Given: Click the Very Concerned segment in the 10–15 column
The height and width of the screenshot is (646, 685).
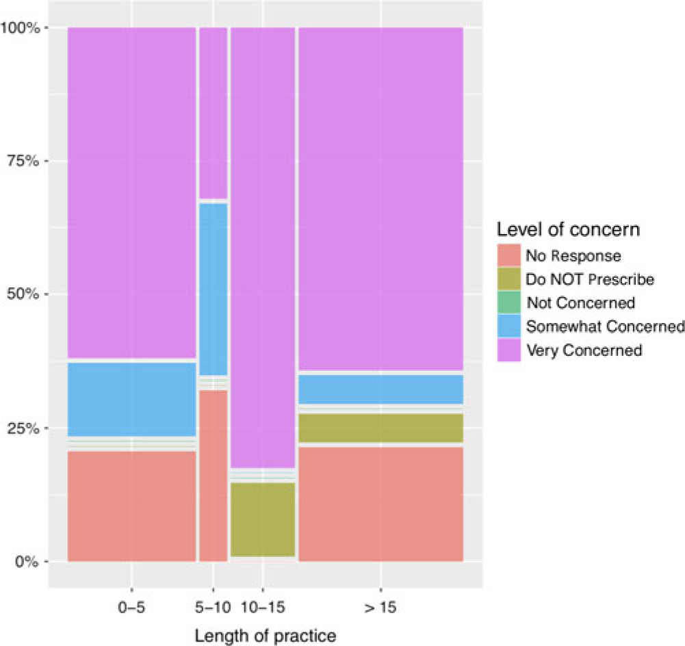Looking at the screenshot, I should pos(263,246).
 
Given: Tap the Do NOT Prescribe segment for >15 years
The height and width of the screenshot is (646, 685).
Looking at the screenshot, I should pos(380,428).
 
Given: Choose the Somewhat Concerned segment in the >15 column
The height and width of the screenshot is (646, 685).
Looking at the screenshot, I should pos(380,389).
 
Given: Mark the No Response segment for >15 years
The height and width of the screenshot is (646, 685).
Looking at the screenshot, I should pos(380,504).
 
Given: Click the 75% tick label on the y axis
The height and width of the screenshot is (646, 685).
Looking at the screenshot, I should pos(26,161).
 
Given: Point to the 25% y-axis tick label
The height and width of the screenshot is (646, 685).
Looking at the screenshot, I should pos(26,428).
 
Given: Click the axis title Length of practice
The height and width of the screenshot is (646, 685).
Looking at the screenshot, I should pos(266,636).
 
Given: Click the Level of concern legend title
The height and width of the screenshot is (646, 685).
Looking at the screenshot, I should pos(569,230).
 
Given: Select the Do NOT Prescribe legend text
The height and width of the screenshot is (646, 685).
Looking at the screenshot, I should pos(589,279).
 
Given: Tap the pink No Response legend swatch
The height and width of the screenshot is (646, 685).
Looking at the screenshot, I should pos(508,256).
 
